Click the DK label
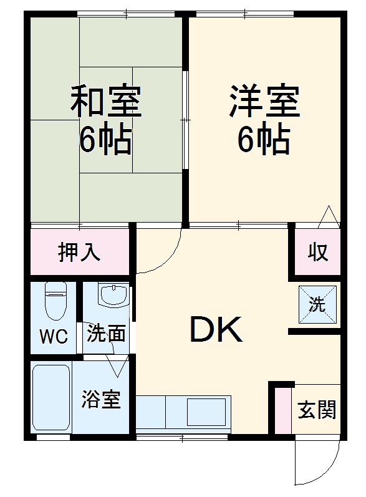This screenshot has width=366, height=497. point(216,331)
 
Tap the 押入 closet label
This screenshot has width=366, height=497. point(79,253)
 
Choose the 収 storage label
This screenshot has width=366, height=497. point(317,253)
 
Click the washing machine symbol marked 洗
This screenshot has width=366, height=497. point(317,304)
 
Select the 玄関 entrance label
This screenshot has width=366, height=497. point(317,410)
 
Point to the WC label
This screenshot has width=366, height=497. point(54,336)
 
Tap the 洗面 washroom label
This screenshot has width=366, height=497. point(106,334)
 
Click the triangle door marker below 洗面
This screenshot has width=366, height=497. point(117,365)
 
